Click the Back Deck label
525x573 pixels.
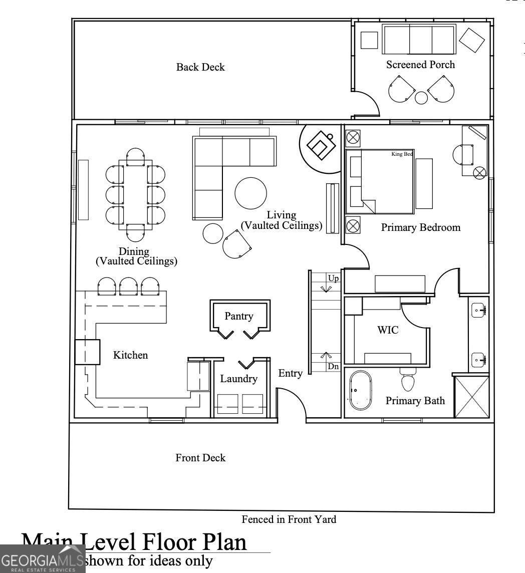[x=200, y=67]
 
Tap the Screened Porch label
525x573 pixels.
[x=420, y=65]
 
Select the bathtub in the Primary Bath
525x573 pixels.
[x=361, y=391]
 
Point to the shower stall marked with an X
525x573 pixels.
[x=471, y=397]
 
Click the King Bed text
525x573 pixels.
[x=402, y=154]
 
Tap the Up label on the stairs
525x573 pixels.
[x=333, y=278]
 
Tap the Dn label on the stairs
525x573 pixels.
[x=333, y=367]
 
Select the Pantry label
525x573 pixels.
[x=238, y=316]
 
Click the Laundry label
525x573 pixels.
[x=238, y=379]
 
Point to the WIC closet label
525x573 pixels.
[x=388, y=330]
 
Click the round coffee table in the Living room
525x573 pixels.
[x=251, y=193]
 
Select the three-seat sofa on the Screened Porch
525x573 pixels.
[x=419, y=39]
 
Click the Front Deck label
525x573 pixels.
[x=200, y=458]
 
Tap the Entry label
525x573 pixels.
[x=290, y=373]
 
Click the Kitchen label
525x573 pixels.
[x=130, y=355]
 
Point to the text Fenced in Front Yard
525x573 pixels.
[x=289, y=519]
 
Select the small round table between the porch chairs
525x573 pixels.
[x=422, y=98]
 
